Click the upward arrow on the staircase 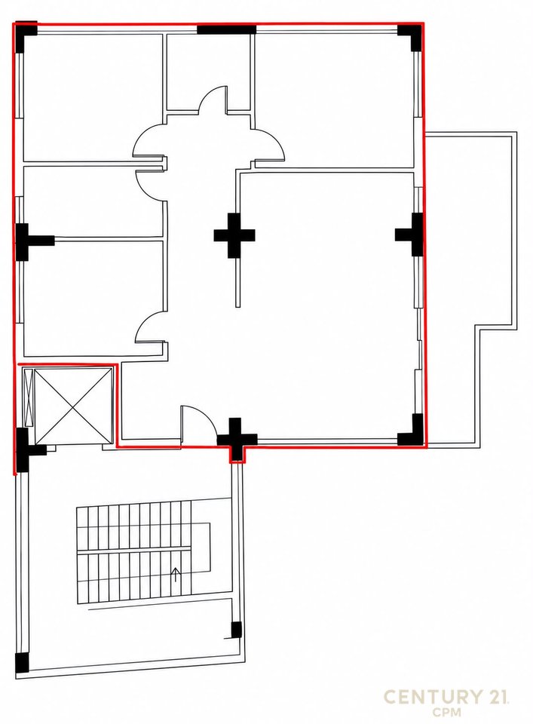[x=176, y=575]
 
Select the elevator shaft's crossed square [x=73, y=406]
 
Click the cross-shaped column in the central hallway [x=234, y=235]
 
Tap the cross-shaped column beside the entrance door [x=236, y=439]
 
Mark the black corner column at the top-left [x=26, y=36]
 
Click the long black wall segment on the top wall [x=226, y=29]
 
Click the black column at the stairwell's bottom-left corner [x=22, y=663]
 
